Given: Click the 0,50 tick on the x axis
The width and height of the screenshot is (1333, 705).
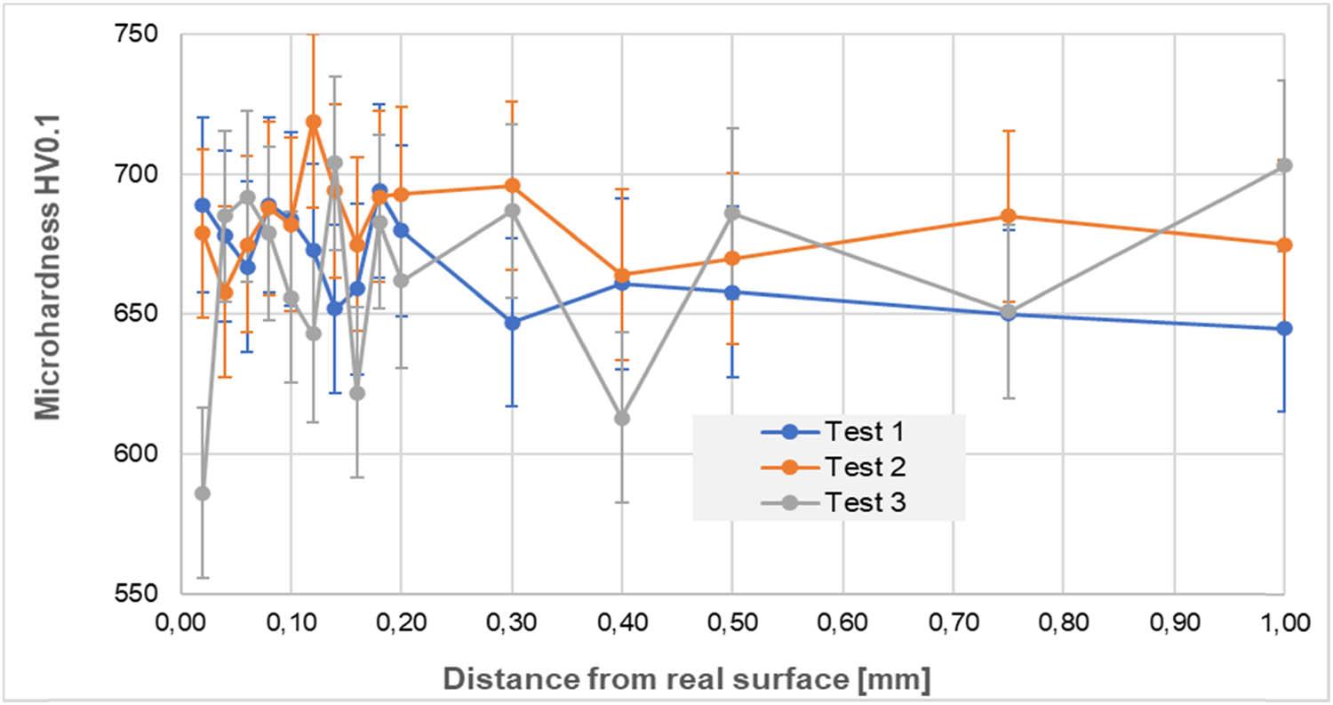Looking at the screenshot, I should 732,623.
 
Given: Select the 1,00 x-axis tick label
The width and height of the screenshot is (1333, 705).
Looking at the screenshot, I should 1284,623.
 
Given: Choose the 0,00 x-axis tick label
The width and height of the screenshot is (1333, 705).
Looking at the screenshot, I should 181,623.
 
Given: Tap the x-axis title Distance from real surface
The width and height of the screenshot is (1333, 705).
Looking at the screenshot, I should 687,679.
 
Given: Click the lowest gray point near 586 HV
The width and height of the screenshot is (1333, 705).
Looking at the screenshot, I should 203,493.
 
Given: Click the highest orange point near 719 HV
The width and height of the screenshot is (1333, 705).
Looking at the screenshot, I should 313,122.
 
